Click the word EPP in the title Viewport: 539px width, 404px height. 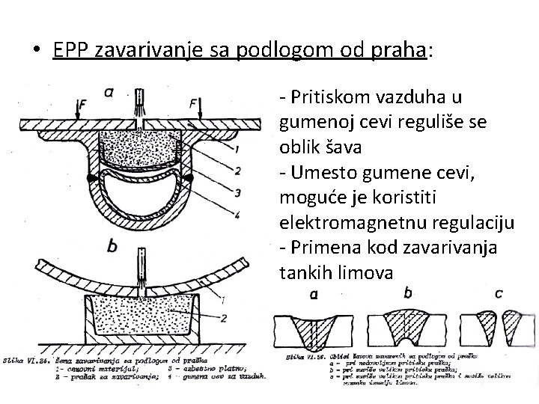point(69,49)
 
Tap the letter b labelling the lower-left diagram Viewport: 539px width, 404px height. point(112,245)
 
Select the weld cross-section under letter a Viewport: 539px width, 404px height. point(314,329)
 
